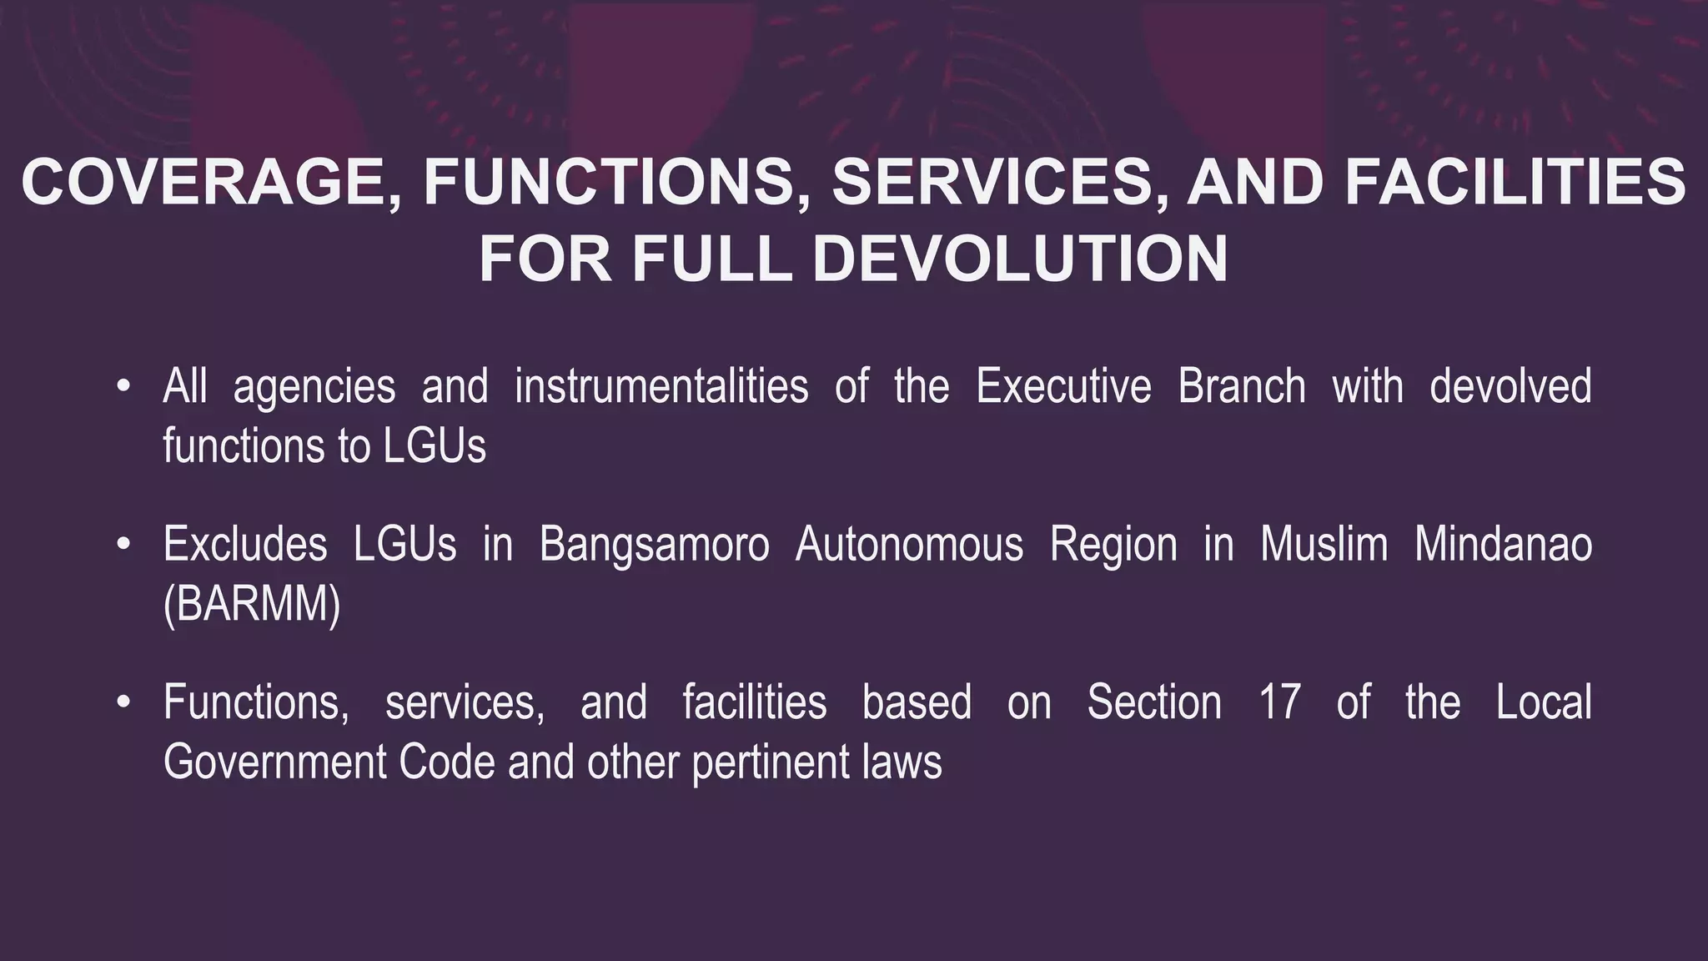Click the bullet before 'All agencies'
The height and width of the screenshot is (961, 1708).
click(x=123, y=387)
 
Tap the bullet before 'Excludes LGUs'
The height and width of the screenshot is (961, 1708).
click(x=123, y=546)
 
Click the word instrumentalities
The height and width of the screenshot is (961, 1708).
click(x=661, y=387)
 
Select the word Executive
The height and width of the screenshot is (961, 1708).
click(x=1063, y=387)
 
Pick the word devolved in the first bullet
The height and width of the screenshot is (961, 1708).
click(x=1510, y=387)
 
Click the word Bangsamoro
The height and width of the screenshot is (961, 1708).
click(x=654, y=546)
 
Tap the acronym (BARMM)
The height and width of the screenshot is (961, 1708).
click(x=252, y=605)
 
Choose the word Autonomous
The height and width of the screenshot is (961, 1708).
click(x=909, y=546)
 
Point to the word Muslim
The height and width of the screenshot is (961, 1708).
click(x=1324, y=546)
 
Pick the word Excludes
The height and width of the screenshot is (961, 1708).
click(x=245, y=546)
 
